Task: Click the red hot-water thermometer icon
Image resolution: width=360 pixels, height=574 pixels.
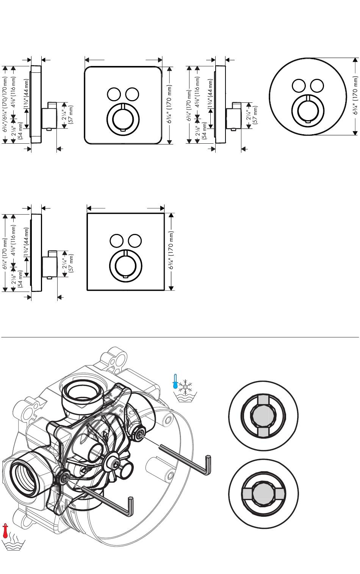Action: click(6, 530)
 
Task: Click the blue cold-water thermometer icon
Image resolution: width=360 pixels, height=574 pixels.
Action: click(175, 381)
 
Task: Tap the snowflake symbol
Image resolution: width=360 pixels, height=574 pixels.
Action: click(186, 386)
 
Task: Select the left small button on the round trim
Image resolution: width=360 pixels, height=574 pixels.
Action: click(298, 86)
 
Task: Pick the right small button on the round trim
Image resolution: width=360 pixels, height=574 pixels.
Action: click(317, 86)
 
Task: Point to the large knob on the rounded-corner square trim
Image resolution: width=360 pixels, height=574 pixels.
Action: click(123, 118)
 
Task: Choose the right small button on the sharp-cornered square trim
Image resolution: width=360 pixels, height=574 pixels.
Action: click(135, 241)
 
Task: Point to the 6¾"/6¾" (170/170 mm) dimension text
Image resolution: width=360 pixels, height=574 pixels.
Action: click(5, 104)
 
